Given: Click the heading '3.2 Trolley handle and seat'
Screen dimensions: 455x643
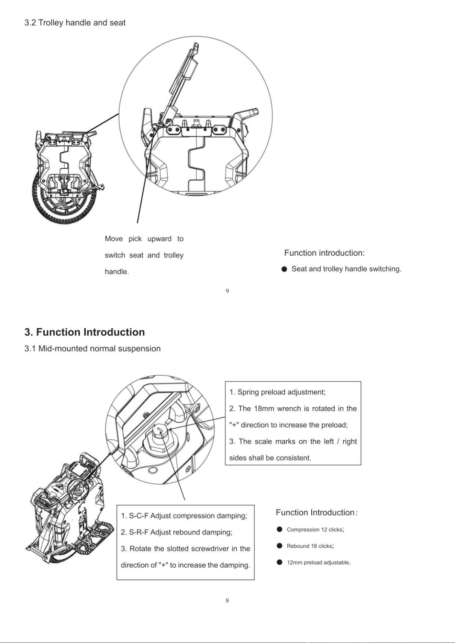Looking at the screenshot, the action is click(75, 23).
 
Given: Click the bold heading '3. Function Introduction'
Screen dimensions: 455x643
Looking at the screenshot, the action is click(85, 332).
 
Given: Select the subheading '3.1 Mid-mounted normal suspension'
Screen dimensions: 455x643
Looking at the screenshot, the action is click(92, 349).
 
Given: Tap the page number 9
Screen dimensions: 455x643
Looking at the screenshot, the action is click(227, 291).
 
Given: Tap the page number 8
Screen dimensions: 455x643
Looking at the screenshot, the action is click(227, 600).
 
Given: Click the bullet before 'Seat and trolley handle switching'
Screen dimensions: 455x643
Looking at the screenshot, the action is click(284, 269).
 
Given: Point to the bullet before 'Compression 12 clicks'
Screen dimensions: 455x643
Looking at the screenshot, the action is click(279, 529).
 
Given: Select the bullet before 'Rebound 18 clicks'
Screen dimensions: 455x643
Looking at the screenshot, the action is click(279, 546).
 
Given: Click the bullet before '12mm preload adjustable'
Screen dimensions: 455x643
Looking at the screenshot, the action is click(279, 562).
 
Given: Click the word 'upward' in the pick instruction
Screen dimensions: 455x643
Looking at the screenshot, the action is click(159, 239).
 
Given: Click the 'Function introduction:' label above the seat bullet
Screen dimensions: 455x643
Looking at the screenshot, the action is click(324, 253).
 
